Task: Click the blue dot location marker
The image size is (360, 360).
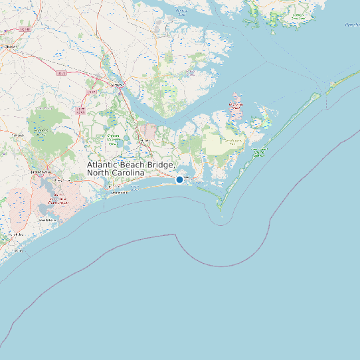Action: pyautogui.click(x=179, y=179)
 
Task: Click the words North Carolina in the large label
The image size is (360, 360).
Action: pyautogui.click(x=116, y=173)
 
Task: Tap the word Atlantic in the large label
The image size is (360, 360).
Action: pyautogui.click(x=106, y=165)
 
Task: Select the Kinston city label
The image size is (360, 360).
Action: pyautogui.click(x=9, y=46)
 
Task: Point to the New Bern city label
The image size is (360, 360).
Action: pyautogui.click(x=118, y=86)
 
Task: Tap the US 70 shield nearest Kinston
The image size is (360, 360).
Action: pyautogui.click(x=25, y=29)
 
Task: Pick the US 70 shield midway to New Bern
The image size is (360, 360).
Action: pyautogui.click(x=62, y=73)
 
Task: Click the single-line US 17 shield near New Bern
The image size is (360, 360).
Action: pyautogui.click(x=91, y=92)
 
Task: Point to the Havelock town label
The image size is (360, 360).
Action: pyautogui.click(x=143, y=140)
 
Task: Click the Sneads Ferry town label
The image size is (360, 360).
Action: pyautogui.click(x=45, y=219)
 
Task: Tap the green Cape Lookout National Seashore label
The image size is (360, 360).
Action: pyautogui.click(x=259, y=153)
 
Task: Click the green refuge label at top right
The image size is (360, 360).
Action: pyautogui.click(x=297, y=16)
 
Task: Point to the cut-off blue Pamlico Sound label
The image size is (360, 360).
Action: pyautogui.click(x=351, y=25)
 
